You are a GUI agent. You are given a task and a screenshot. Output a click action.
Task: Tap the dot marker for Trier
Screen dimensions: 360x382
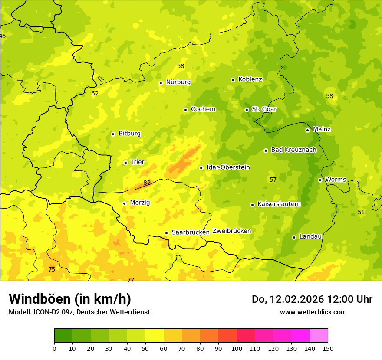[125, 163]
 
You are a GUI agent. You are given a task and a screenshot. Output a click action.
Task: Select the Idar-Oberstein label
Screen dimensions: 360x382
[228, 167]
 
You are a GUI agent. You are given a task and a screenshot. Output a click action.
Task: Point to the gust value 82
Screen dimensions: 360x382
[147, 183]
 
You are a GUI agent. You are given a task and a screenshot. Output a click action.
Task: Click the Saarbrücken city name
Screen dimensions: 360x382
[190, 232]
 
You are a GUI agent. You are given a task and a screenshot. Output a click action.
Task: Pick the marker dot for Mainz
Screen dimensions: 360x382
[307, 130]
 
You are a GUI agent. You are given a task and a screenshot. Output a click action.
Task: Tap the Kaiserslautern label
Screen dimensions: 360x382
[279, 204]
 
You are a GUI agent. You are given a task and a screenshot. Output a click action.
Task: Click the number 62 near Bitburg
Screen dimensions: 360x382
[95, 93]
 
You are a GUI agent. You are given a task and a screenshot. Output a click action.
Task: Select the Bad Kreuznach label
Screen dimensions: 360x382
[293, 150]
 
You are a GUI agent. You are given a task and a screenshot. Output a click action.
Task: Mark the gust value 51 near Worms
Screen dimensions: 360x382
[361, 212]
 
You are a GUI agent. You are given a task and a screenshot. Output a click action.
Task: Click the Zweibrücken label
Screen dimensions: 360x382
[231, 231]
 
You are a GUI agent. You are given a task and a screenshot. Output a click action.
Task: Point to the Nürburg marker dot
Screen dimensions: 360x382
[161, 83]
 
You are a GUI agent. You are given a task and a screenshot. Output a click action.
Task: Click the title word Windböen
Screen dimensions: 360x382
[40, 299]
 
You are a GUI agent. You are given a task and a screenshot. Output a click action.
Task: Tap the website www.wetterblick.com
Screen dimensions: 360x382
[313, 312]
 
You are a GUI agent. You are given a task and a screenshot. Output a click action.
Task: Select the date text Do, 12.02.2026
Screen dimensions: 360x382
[286, 299]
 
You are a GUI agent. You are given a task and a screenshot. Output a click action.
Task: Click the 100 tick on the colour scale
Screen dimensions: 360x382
[237, 348]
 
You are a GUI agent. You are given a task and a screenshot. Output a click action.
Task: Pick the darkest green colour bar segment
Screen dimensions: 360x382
[63, 336]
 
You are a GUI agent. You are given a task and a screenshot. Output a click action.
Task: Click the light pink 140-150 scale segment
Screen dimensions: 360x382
[318, 336]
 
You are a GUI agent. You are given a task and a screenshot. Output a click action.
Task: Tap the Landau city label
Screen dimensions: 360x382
[310, 236]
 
